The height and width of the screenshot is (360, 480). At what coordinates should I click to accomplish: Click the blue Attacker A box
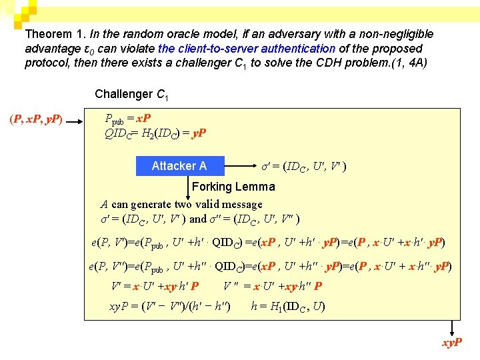[180, 166]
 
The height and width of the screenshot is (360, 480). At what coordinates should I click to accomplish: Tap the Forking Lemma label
[233, 187]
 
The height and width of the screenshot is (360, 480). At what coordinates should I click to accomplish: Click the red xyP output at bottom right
[451, 344]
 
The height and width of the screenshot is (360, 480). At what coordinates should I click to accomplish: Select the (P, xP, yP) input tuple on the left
[36, 120]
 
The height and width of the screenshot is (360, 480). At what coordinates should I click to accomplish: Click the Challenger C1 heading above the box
[131, 94]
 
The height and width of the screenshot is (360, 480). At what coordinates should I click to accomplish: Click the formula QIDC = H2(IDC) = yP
[155, 133]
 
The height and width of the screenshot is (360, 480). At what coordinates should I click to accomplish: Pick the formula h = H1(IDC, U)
[287, 307]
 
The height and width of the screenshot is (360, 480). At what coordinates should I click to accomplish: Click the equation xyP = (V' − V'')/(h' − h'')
[170, 307]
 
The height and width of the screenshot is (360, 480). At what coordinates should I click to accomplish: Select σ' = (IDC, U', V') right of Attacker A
[303, 166]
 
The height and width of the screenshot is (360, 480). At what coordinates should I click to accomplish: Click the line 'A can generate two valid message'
[181, 205]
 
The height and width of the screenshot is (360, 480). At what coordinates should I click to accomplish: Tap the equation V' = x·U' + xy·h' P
[155, 287]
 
